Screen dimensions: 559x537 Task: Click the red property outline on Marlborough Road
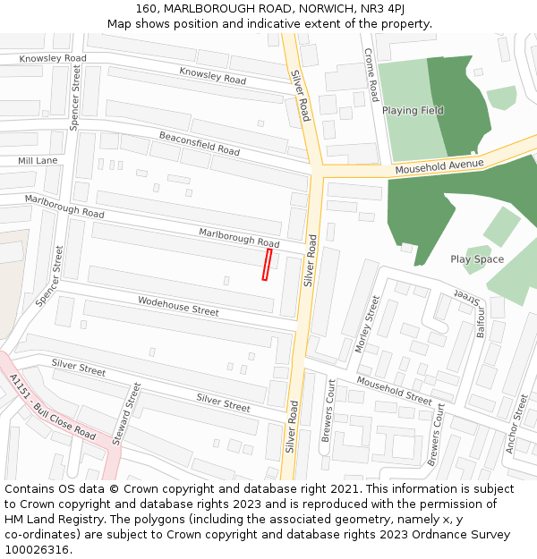point(267,265)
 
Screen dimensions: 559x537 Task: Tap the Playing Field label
point(413,111)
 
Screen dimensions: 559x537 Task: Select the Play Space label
point(477,259)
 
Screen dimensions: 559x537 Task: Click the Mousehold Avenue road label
point(439,166)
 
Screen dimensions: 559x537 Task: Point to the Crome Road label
point(370,74)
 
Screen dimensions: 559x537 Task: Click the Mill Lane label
point(38,161)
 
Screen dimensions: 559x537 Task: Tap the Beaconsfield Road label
point(200,144)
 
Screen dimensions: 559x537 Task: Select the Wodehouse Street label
point(178,307)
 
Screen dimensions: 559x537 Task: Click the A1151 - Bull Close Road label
point(52,408)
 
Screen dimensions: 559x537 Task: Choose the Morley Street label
point(368,323)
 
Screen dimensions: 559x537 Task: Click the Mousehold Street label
point(394,390)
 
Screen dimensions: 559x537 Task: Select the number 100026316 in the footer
point(38,550)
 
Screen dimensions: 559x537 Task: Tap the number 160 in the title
point(147,8)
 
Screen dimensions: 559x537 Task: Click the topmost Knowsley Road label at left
point(54,58)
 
